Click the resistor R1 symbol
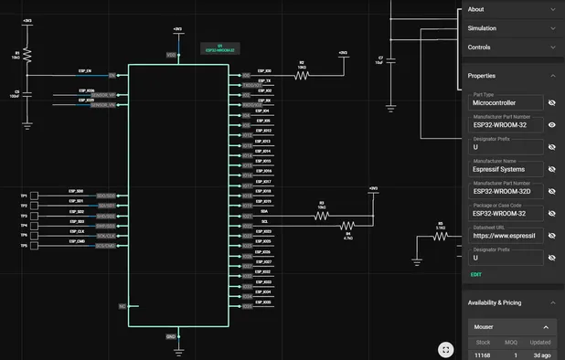27,57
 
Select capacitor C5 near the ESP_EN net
27,93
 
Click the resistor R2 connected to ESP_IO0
302,75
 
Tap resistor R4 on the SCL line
347,225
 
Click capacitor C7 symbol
391,60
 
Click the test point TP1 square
35,196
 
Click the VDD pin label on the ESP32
171,56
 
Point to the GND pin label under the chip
171,336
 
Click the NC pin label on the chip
122,307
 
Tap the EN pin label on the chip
112,75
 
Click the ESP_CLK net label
76,232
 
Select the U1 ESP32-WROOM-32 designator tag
219,47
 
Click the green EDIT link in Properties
475,274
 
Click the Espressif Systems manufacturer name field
506,169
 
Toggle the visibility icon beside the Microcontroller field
552,103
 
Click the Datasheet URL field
506,235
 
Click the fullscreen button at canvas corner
445,349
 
